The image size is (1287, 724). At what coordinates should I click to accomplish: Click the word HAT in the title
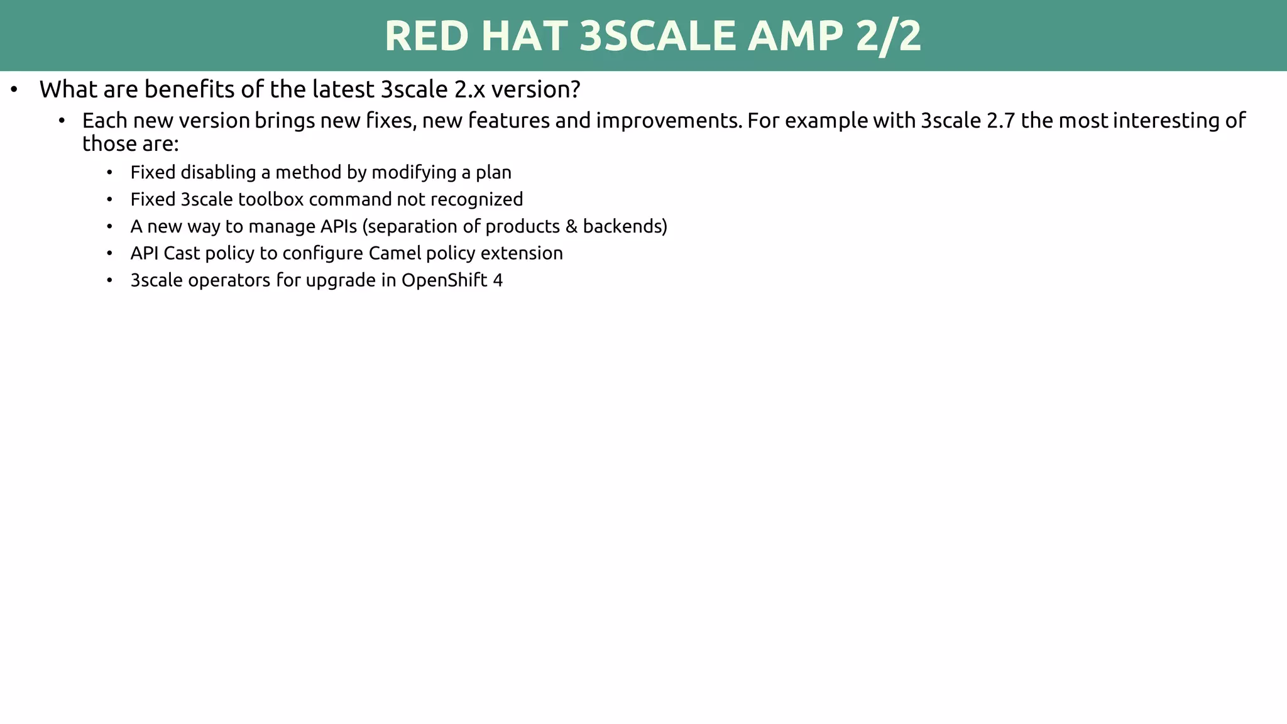[x=524, y=36]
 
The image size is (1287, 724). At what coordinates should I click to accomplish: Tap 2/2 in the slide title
[x=889, y=36]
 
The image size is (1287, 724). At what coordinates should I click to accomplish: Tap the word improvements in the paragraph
[x=669, y=120]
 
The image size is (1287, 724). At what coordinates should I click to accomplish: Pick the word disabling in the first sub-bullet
[x=218, y=172]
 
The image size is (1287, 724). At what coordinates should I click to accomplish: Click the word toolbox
[x=271, y=199]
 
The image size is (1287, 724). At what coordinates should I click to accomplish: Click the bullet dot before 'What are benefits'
[x=14, y=90]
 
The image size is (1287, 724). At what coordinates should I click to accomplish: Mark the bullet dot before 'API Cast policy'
[x=109, y=254]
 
